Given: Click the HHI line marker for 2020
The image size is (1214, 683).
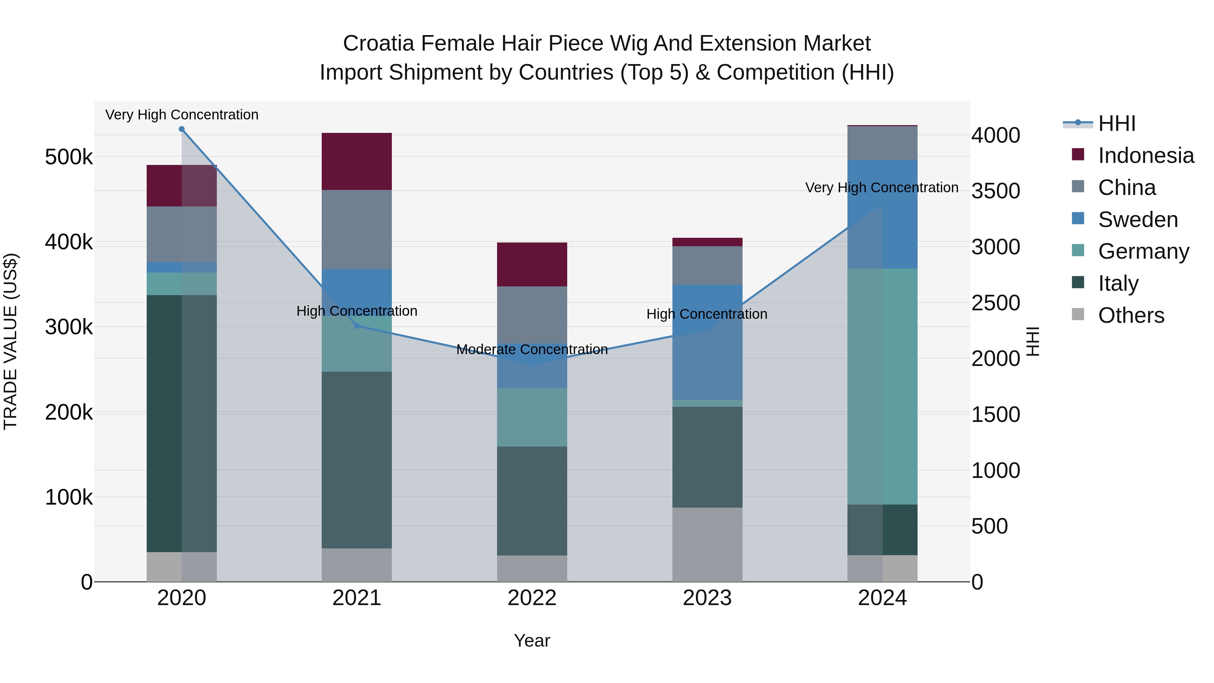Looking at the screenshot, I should click(181, 129).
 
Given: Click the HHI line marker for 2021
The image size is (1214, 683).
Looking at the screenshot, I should click(357, 326).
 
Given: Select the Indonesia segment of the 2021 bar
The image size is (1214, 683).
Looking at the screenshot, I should click(357, 161).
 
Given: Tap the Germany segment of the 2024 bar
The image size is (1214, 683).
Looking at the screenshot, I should click(882, 386).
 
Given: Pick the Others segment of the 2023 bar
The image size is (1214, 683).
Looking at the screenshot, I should click(707, 544).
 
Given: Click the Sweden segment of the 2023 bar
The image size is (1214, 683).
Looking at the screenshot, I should click(707, 342).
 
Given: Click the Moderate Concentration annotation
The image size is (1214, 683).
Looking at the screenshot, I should click(532, 349).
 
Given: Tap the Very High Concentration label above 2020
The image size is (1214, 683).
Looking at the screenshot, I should click(181, 115).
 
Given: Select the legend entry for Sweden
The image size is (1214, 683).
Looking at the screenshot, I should click(1138, 220).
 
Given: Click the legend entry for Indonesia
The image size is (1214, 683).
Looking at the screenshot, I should click(1146, 155).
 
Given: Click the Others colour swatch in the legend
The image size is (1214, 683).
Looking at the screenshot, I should click(1078, 314).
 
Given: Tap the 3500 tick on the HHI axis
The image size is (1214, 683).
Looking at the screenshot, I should click(995, 191).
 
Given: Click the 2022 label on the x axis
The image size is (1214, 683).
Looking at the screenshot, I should click(532, 598).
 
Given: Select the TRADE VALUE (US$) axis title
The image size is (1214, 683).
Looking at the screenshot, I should click(10, 341).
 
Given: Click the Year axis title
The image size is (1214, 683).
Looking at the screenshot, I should click(532, 641).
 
